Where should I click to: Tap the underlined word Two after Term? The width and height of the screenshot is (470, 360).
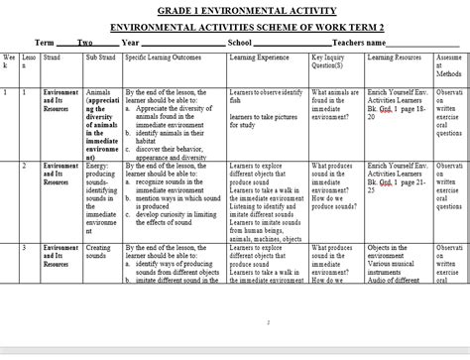point(85,44)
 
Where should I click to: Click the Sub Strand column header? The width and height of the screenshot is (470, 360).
point(101,59)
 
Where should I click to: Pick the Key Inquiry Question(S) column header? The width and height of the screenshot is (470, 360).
point(334,63)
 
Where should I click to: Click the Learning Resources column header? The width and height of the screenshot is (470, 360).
point(395,59)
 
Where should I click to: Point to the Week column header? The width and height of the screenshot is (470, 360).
point(9,63)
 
